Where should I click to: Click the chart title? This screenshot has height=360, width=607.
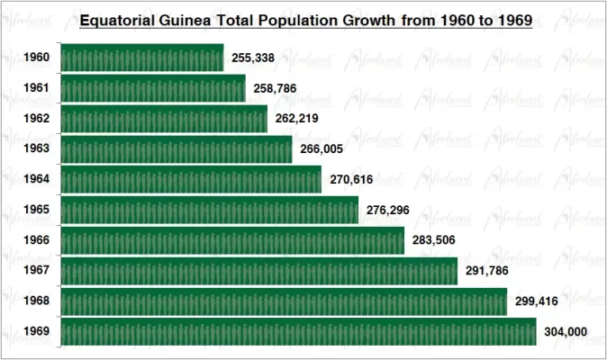306,19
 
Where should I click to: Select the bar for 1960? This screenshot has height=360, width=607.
141,58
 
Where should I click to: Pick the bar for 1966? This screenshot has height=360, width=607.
231,240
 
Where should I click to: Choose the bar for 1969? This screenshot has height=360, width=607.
298,331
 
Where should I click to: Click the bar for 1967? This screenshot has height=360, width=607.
258,271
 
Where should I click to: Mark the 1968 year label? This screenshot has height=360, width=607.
36,301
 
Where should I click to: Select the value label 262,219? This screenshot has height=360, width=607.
296,119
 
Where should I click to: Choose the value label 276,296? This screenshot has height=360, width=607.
388,211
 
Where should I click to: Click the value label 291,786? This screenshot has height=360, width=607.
488,271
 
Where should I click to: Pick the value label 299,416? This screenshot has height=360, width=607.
537,301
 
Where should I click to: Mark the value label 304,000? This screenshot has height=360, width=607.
566,332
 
